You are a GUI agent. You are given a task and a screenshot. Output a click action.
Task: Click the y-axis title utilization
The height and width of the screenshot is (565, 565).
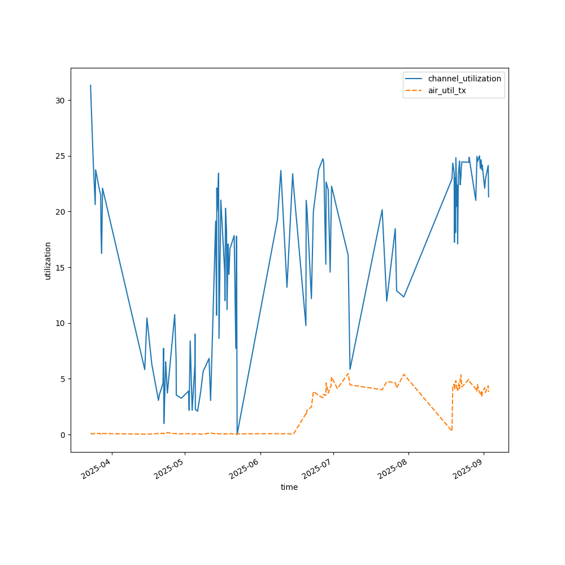point(48,260)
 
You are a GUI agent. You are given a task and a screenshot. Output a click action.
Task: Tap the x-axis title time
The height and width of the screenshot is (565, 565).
point(289,487)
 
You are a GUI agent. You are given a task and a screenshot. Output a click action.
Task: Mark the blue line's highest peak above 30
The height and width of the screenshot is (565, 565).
point(90,85)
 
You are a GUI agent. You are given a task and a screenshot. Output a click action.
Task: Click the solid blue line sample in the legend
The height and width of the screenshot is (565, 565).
point(414,79)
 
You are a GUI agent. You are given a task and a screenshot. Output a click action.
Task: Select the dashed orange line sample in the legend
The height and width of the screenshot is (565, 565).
point(414,90)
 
